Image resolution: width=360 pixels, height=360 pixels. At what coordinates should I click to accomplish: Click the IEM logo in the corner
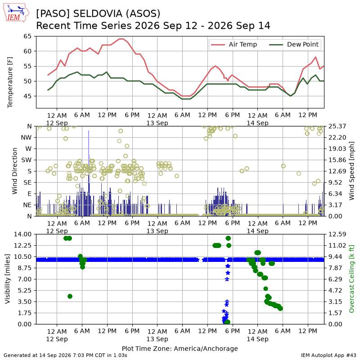16,13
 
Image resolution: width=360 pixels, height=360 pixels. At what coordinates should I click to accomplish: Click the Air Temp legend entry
234,44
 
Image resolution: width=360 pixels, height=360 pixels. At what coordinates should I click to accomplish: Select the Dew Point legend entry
294,44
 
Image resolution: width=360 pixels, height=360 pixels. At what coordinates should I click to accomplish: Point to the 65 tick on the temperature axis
27,36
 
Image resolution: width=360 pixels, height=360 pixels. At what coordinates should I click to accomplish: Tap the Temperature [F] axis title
9,82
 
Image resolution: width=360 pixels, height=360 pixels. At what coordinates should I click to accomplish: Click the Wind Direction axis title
15,171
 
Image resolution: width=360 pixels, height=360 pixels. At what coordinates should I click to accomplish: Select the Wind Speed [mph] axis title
351,171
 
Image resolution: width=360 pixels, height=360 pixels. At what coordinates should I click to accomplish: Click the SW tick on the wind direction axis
27,160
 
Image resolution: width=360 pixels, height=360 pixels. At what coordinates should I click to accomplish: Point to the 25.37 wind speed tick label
337,126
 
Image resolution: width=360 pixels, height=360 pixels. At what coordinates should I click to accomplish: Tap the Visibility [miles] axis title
8,279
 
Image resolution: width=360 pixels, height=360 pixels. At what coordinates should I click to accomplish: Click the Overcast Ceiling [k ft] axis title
351,279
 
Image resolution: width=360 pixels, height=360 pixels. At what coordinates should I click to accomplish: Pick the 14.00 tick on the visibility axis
22,234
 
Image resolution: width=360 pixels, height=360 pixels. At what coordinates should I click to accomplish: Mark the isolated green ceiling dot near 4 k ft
70,297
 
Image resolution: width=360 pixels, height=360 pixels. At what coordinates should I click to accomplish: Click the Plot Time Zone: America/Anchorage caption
180,348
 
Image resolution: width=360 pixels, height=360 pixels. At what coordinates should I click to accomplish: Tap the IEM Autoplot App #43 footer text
328,355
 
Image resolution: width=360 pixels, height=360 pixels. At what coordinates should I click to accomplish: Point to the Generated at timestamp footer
65,355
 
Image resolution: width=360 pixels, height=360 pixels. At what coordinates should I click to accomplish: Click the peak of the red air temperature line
121,39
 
